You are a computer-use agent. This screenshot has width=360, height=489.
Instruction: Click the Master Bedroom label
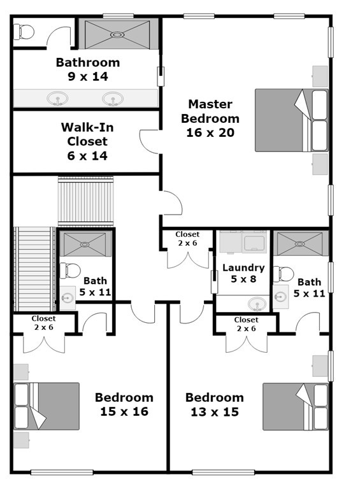[x=210, y=118]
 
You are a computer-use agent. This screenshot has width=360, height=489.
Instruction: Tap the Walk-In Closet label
[x=87, y=141]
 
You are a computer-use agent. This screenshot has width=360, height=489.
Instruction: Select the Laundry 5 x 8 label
[x=243, y=273]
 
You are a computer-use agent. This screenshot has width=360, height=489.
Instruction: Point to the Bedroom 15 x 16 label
[x=124, y=404]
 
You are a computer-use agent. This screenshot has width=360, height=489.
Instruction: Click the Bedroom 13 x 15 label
[x=215, y=404]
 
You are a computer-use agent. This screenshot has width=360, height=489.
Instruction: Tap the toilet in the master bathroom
[x=24, y=32]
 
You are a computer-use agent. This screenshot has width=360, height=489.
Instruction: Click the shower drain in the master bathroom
[x=117, y=35]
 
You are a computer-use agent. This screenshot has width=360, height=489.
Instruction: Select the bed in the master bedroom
[x=292, y=120]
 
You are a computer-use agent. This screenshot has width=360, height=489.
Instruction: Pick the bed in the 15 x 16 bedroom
[x=46, y=406]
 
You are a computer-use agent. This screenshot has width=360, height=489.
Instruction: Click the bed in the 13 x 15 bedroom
[x=296, y=407]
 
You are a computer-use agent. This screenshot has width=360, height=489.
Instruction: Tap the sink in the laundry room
[x=257, y=304]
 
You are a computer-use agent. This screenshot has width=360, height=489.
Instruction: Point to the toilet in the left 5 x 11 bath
[x=70, y=271]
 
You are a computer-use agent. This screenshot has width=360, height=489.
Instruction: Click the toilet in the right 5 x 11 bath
[x=284, y=274]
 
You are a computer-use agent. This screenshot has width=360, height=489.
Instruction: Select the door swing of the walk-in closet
[x=150, y=141]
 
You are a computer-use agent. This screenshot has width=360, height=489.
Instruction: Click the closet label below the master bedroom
[x=187, y=239]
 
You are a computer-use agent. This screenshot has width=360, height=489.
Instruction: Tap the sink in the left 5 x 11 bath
[x=68, y=298]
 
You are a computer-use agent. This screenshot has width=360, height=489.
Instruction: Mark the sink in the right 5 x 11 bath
[x=280, y=296]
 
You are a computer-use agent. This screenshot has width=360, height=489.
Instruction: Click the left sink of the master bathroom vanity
[x=57, y=99]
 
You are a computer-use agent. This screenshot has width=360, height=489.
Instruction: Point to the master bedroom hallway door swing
[x=171, y=202]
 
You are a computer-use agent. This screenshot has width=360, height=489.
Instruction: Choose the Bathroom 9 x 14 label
[x=88, y=69]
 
